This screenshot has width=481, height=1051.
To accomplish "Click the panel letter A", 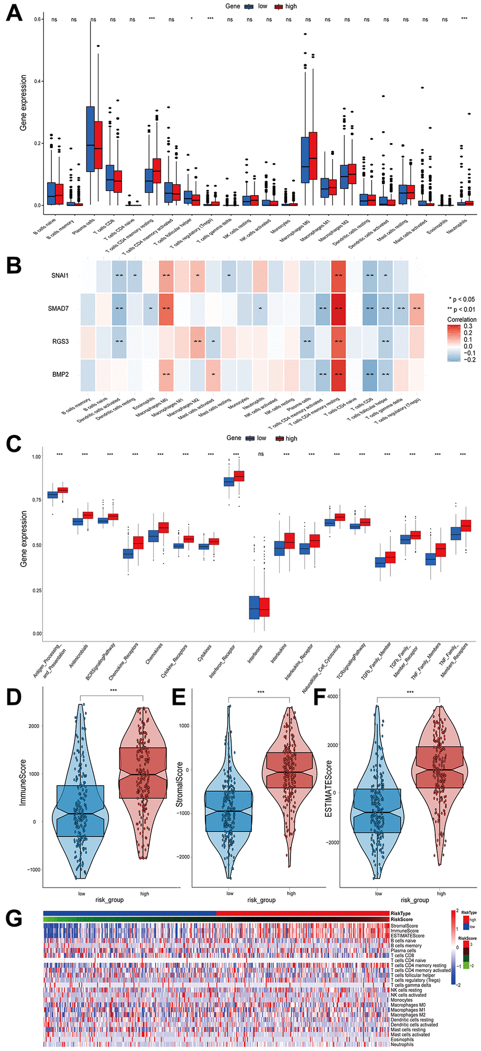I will click(x=14, y=13).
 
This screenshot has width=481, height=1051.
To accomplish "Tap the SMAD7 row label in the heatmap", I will click(x=58, y=309).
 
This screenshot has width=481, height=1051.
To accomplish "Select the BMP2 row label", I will click(x=60, y=375).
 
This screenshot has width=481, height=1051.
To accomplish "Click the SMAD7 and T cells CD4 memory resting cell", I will click(x=338, y=309).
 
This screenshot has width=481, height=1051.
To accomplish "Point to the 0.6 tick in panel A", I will click(x=38, y=19).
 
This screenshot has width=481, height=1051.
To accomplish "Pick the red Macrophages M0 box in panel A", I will click(x=313, y=155).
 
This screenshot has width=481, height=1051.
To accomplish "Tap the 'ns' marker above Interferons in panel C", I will click(x=261, y=454).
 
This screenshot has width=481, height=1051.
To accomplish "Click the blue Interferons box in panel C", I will click(x=254, y=608).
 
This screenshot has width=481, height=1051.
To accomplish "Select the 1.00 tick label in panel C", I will click(x=36, y=457).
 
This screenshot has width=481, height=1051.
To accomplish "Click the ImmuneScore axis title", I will click(x=23, y=782).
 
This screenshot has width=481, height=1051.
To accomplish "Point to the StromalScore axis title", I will click(x=179, y=784).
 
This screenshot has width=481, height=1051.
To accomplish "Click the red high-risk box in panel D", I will click(x=143, y=773).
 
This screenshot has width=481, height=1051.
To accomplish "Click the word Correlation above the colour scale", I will click(x=462, y=319).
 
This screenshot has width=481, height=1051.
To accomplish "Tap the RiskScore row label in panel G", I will click(x=401, y=919).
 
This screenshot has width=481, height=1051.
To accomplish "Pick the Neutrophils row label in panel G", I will click(x=402, y=1044).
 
